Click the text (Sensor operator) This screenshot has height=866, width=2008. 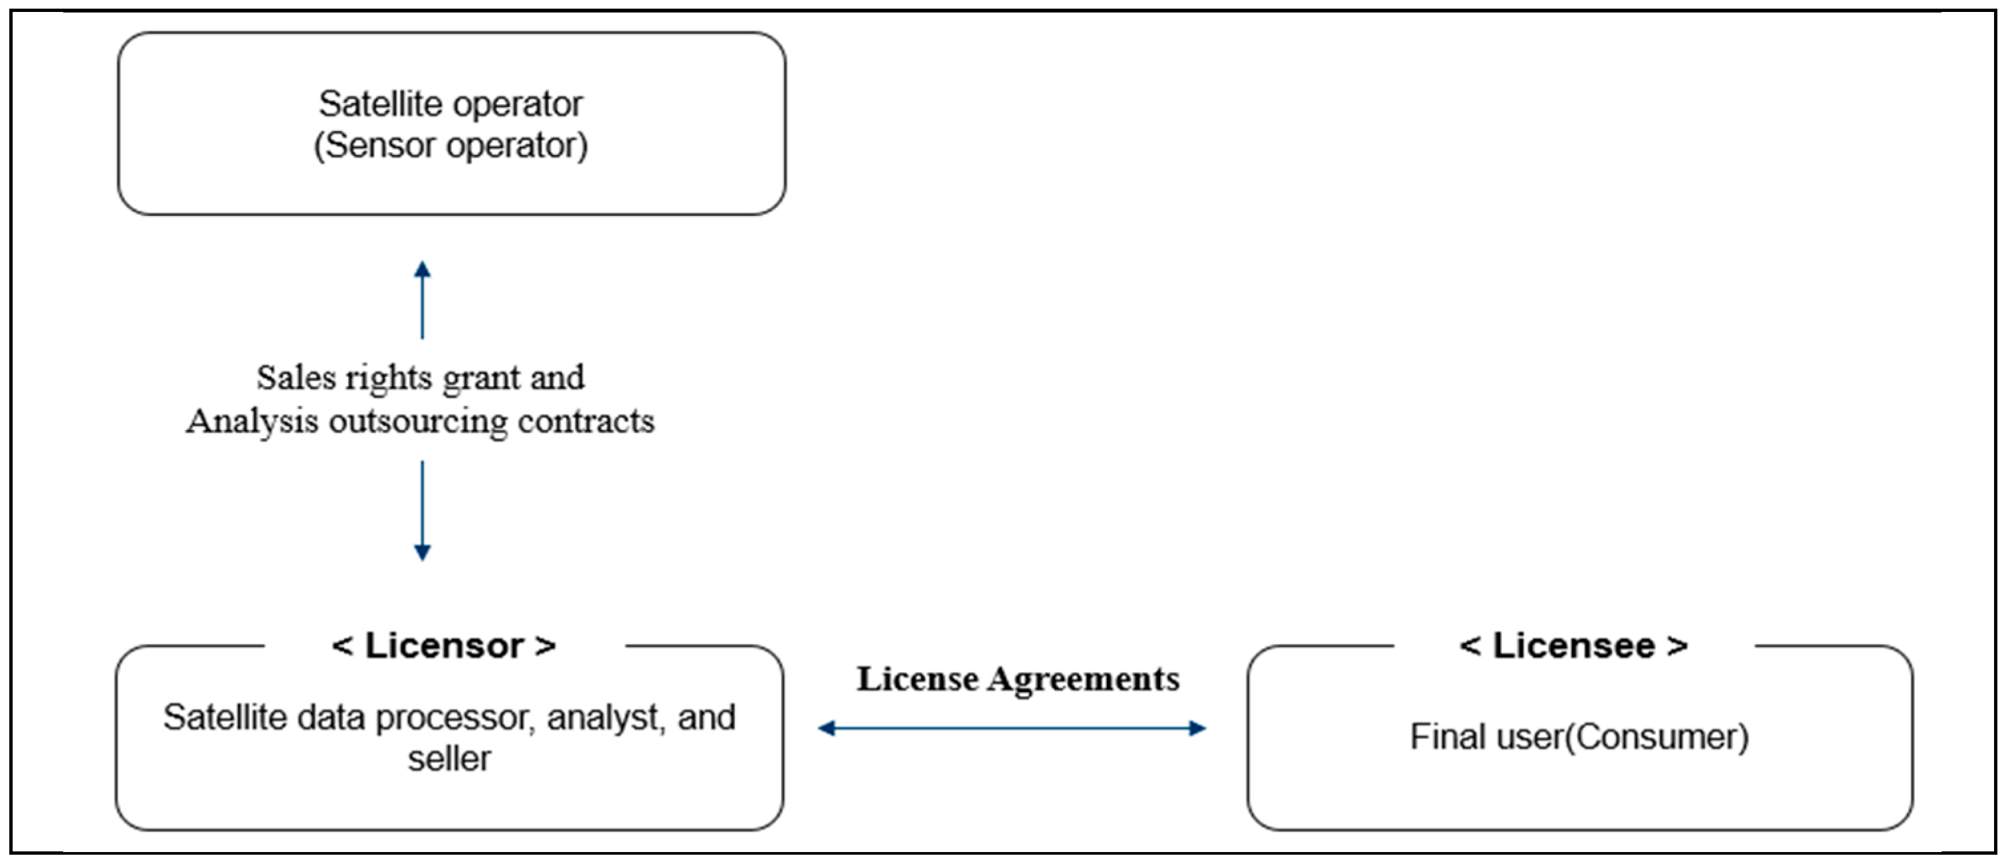point(451,146)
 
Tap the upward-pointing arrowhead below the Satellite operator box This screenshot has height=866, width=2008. point(423,271)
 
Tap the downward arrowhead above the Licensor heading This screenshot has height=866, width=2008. point(423,552)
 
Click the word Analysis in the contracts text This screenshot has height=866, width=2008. point(252,421)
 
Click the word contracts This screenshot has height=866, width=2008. point(586,421)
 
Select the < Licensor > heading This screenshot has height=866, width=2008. point(445,646)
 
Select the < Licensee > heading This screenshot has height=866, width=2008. point(1574,646)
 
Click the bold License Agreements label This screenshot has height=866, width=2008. point(1018,679)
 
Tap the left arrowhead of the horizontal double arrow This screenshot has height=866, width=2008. point(827,729)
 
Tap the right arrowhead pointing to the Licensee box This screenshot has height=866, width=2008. point(1197,729)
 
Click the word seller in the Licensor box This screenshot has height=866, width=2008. point(450,759)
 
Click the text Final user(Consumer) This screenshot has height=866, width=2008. point(1579,737)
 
